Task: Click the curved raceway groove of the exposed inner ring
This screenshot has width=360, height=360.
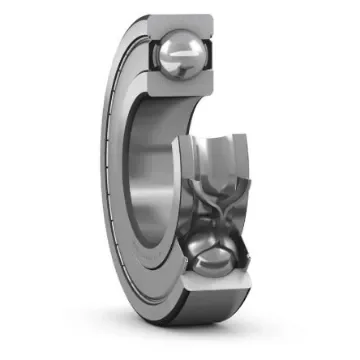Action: click(x=215, y=160)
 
